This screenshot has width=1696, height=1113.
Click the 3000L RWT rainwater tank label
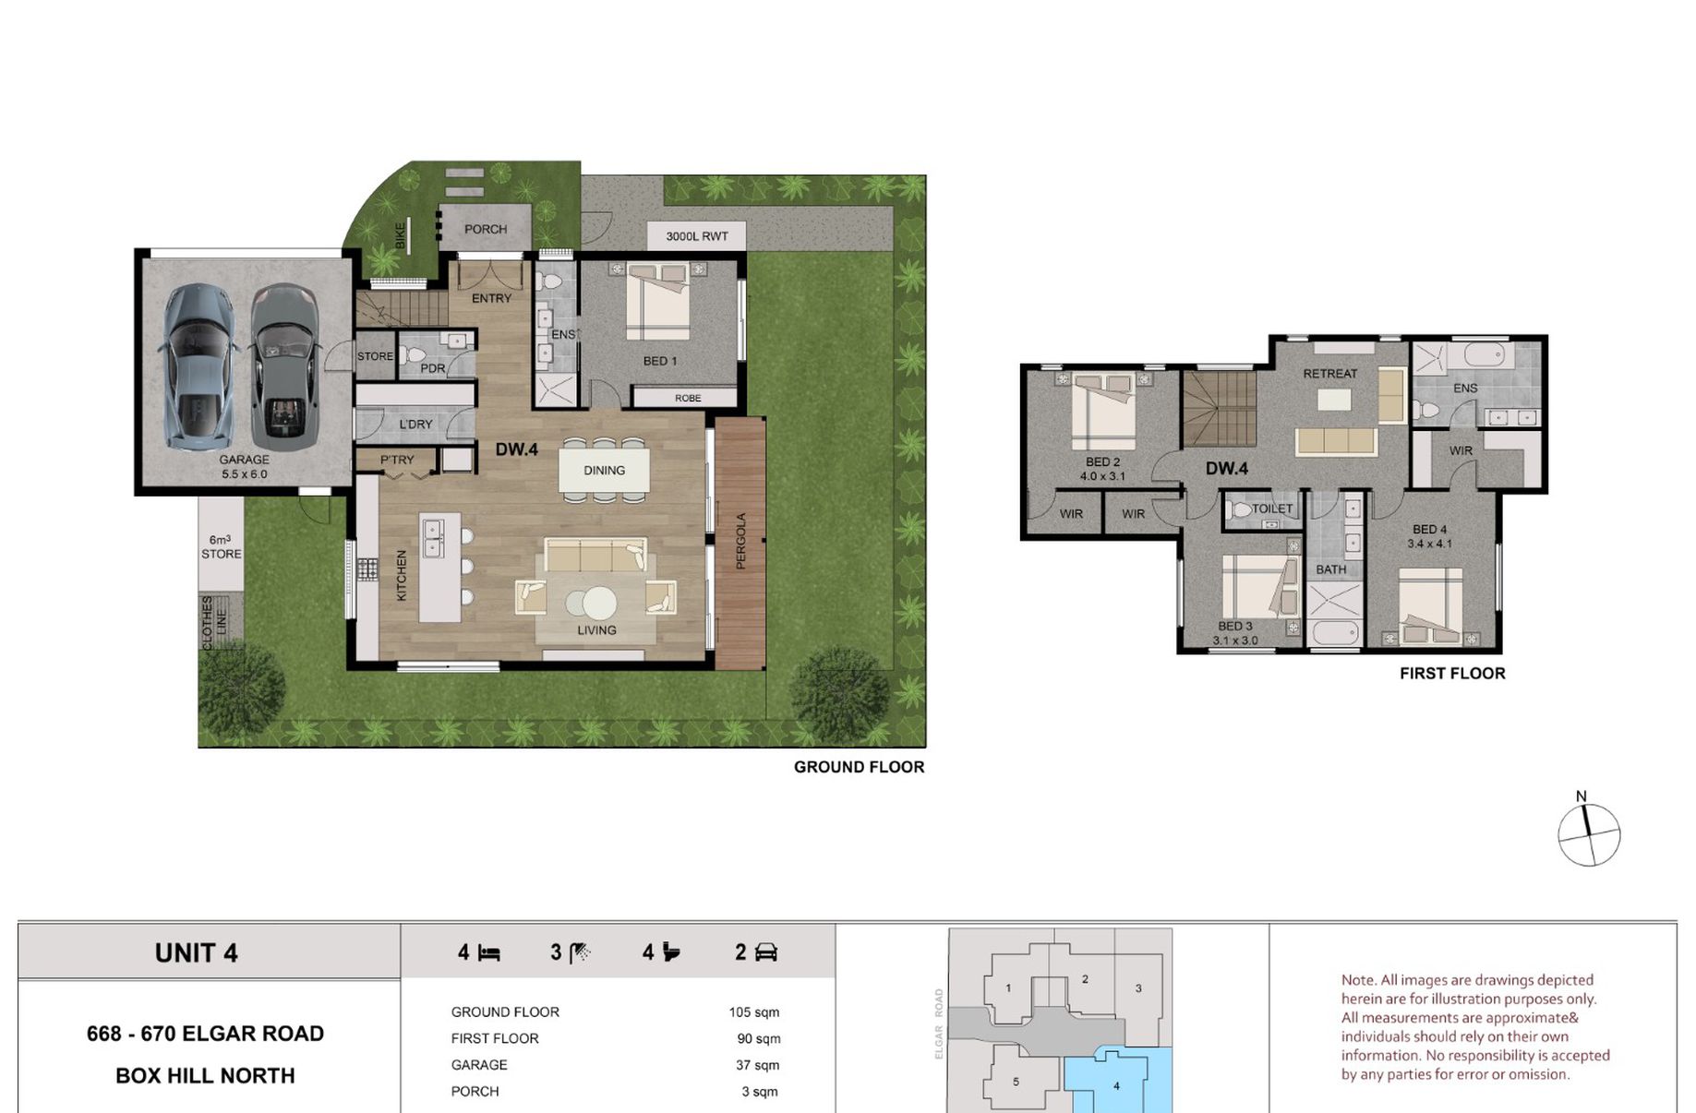coord(697,236)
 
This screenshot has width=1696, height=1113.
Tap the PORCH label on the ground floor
coord(486,229)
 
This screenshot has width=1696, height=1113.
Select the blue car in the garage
coord(198,366)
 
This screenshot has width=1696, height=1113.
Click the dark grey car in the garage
coord(283,366)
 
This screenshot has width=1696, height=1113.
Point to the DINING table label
coord(604,471)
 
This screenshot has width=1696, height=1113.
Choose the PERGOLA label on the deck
coord(740,541)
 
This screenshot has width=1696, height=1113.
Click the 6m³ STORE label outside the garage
coord(221,546)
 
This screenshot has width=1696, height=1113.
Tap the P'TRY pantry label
coord(397,460)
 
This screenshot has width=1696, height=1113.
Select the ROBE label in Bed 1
coord(688,399)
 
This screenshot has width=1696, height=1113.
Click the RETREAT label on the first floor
coord(1330,374)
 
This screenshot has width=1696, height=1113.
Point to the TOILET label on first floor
coord(1272,509)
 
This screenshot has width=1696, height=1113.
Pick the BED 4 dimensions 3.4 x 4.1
coord(1429,544)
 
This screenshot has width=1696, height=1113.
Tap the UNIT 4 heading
coord(197,953)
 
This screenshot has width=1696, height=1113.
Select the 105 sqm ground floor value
coord(753,1012)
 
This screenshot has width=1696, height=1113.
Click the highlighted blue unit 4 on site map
coord(1118,1082)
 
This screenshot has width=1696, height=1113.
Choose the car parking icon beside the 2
coord(766,952)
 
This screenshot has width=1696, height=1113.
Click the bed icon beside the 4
coord(489,953)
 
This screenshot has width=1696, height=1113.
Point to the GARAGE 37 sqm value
coord(757,1065)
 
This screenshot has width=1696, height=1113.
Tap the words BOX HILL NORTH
coord(205,1076)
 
